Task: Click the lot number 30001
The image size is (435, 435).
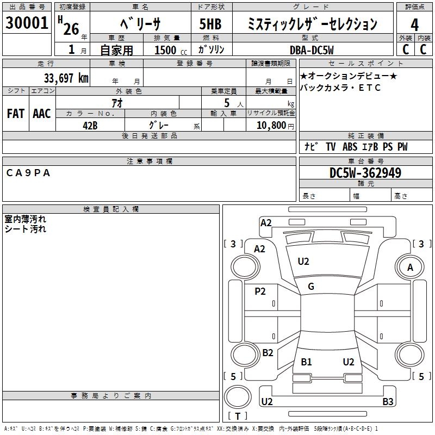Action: (27, 23)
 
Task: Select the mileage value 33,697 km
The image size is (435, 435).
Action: (66, 77)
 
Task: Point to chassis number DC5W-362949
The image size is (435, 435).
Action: (365, 173)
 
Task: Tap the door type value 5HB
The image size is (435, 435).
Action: (210, 24)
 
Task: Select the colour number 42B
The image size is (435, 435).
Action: (90, 125)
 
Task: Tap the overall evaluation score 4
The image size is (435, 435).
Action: (414, 24)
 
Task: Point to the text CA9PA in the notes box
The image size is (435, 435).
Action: (28, 173)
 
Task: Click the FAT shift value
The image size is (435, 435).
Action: (15, 114)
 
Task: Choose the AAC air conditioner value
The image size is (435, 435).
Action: (41, 114)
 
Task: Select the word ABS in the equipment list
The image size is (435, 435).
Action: (350, 147)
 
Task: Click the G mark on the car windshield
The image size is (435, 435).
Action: (311, 287)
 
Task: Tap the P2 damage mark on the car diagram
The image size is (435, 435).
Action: (260, 291)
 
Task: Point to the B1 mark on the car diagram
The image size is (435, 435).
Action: (307, 362)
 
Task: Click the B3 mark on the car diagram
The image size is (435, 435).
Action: (388, 402)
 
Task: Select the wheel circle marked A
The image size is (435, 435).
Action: (411, 267)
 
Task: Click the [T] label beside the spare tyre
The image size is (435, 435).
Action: (238, 417)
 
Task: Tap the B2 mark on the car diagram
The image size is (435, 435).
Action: (268, 353)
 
